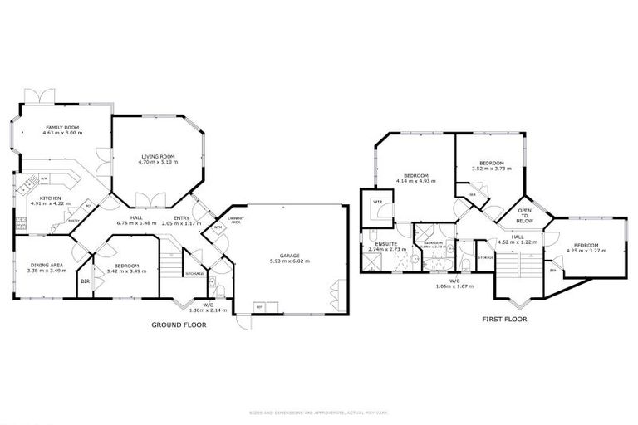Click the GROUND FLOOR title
point(178,325)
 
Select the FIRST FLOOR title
point(504,318)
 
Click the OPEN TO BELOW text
point(524,216)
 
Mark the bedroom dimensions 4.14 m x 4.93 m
point(415,182)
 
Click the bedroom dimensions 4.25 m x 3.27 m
point(586,251)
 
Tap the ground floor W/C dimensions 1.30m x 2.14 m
point(201,310)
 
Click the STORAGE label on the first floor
point(486,258)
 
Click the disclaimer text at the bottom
point(318,412)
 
